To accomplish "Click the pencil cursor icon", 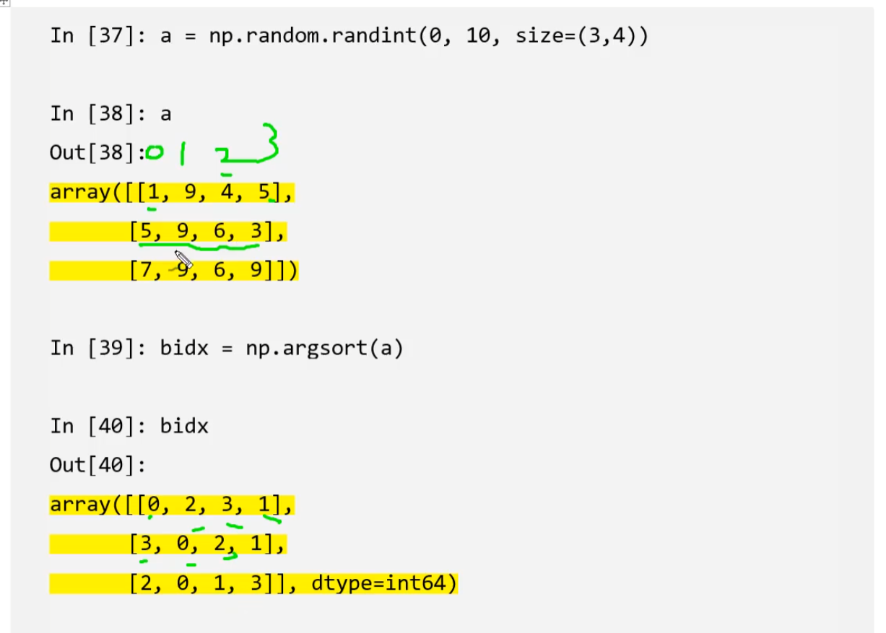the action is (183, 259).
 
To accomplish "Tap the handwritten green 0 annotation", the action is (155, 152).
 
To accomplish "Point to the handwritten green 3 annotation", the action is (268, 142).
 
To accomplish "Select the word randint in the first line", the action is (374, 35).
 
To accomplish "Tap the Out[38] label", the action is (97, 152).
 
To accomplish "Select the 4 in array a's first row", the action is (227, 192).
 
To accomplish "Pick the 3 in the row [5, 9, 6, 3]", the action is (256, 231).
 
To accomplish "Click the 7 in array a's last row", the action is (146, 270).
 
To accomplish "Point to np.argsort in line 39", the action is (306, 349).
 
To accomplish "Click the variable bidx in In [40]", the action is (184, 427).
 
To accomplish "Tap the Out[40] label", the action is (97, 465).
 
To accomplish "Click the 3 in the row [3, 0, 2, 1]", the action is (146, 543).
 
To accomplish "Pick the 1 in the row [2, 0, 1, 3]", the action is (219, 583).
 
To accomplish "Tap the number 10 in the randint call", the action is (478, 35).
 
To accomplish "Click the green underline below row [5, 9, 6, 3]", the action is (199, 247).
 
